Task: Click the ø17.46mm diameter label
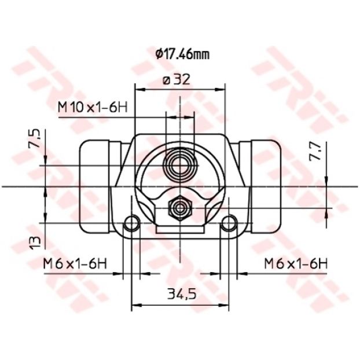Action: click(x=182, y=54)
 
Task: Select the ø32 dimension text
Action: click(x=176, y=80)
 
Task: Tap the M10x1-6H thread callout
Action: click(x=93, y=108)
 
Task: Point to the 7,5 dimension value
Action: click(x=35, y=138)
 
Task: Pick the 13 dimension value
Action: click(x=35, y=243)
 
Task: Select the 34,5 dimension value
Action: click(x=182, y=294)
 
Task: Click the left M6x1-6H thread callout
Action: click(x=75, y=264)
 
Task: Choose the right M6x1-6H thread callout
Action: click(x=296, y=264)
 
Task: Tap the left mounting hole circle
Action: click(x=132, y=223)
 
